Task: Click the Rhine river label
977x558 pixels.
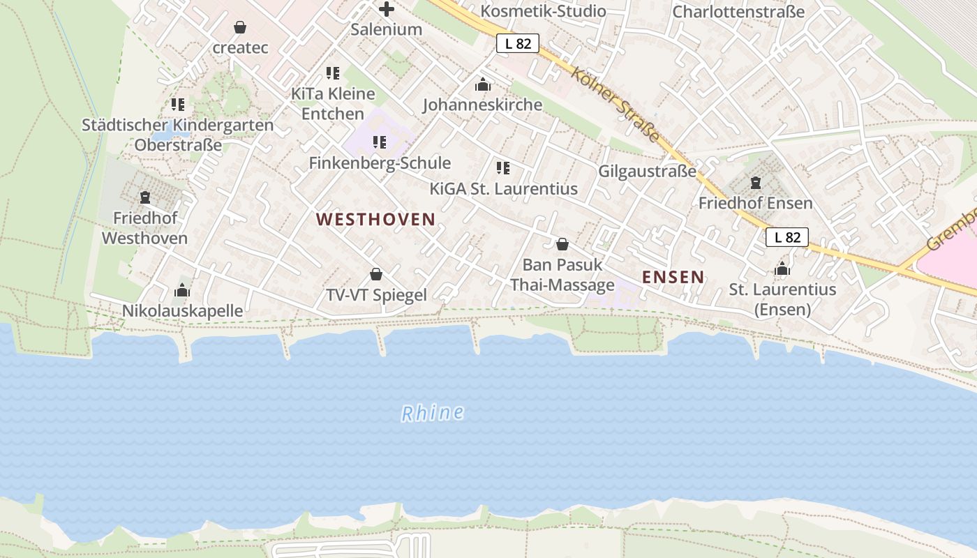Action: pyautogui.click(x=433, y=413)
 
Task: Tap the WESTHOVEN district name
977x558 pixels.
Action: pyautogui.click(x=375, y=220)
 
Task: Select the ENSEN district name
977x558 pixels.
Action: pyautogui.click(x=673, y=277)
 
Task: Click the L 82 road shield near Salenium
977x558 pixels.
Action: pyautogui.click(x=518, y=43)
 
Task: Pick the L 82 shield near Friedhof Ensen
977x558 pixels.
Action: pyautogui.click(x=786, y=237)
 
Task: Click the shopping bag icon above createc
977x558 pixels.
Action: pyautogui.click(x=240, y=27)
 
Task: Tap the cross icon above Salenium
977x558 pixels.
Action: pyautogui.click(x=386, y=9)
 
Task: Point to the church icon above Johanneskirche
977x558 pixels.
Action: pyautogui.click(x=482, y=85)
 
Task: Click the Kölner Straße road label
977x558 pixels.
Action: pyautogui.click(x=615, y=104)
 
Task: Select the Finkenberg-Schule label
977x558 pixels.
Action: pyautogui.click(x=380, y=163)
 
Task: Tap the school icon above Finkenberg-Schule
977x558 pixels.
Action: pyautogui.click(x=380, y=142)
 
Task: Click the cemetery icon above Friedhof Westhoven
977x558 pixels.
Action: pyautogui.click(x=145, y=197)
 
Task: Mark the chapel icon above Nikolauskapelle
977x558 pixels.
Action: pyautogui.click(x=182, y=290)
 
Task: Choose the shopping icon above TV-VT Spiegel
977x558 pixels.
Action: pyautogui.click(x=376, y=274)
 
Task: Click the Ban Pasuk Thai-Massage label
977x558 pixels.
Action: pyautogui.click(x=562, y=275)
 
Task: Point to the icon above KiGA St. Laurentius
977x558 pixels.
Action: pyautogui.click(x=503, y=168)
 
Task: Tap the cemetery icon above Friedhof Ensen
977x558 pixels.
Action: pyautogui.click(x=755, y=183)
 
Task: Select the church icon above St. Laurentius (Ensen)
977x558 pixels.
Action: pyautogui.click(x=782, y=269)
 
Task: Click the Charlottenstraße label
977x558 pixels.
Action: pyautogui.click(x=738, y=12)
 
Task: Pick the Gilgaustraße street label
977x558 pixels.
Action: pyautogui.click(x=647, y=171)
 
